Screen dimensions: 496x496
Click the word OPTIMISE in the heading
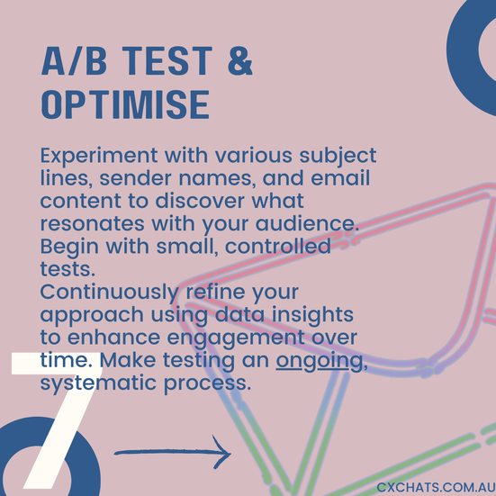point(125,104)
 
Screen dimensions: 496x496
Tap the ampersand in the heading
point(240,60)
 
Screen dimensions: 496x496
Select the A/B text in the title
point(74,60)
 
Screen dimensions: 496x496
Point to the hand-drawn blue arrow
point(173,453)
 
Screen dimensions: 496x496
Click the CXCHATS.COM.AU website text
point(436,488)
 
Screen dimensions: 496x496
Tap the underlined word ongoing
point(320,361)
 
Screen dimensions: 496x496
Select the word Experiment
point(99,157)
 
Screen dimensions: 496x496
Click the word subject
point(338,157)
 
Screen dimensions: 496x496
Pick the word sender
point(135,178)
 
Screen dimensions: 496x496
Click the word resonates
point(93,224)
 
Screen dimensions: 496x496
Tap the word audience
point(307,223)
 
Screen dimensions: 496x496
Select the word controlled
point(278,247)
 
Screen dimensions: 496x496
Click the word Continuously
point(110,293)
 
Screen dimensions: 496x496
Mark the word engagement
point(235,338)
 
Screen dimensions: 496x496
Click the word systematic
point(98,383)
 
